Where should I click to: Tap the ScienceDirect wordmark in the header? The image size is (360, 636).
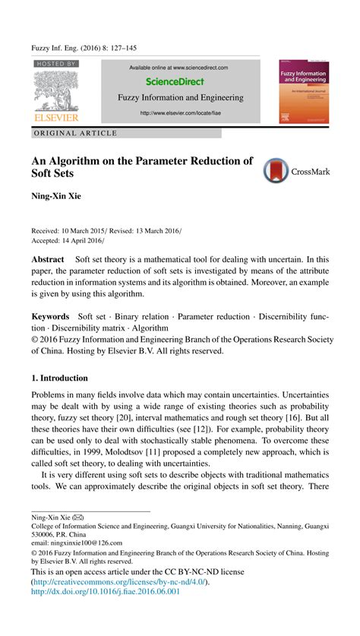[x=179, y=81]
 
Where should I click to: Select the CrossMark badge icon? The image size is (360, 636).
[x=276, y=171]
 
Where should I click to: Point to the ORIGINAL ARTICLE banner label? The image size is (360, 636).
[x=76, y=133]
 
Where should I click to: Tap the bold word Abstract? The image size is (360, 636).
[x=47, y=259]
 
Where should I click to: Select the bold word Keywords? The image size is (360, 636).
[x=50, y=316]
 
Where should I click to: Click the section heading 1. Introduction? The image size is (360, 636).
[x=59, y=378]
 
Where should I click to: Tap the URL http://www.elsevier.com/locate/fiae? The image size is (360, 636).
[x=180, y=113]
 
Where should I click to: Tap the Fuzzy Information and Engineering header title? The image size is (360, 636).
[x=180, y=97]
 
